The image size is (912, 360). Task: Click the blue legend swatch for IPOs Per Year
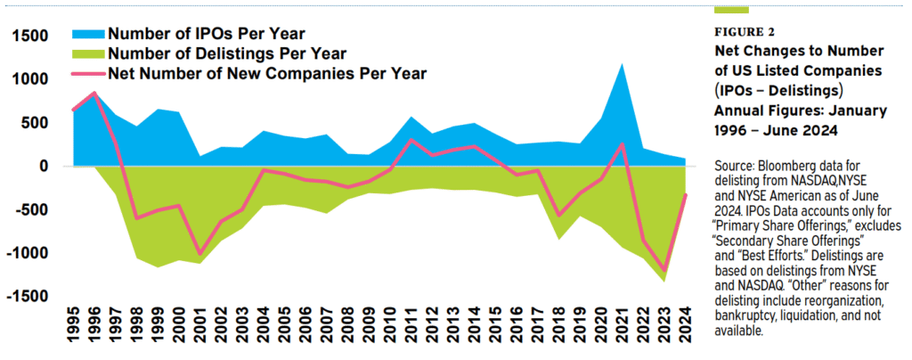(87, 35)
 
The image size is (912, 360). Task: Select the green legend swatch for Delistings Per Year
(87, 53)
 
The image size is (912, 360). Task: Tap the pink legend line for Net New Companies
(87, 73)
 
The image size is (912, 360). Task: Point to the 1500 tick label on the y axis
(30, 36)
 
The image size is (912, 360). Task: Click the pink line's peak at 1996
(94, 93)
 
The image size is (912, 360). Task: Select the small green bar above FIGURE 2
(731, 10)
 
